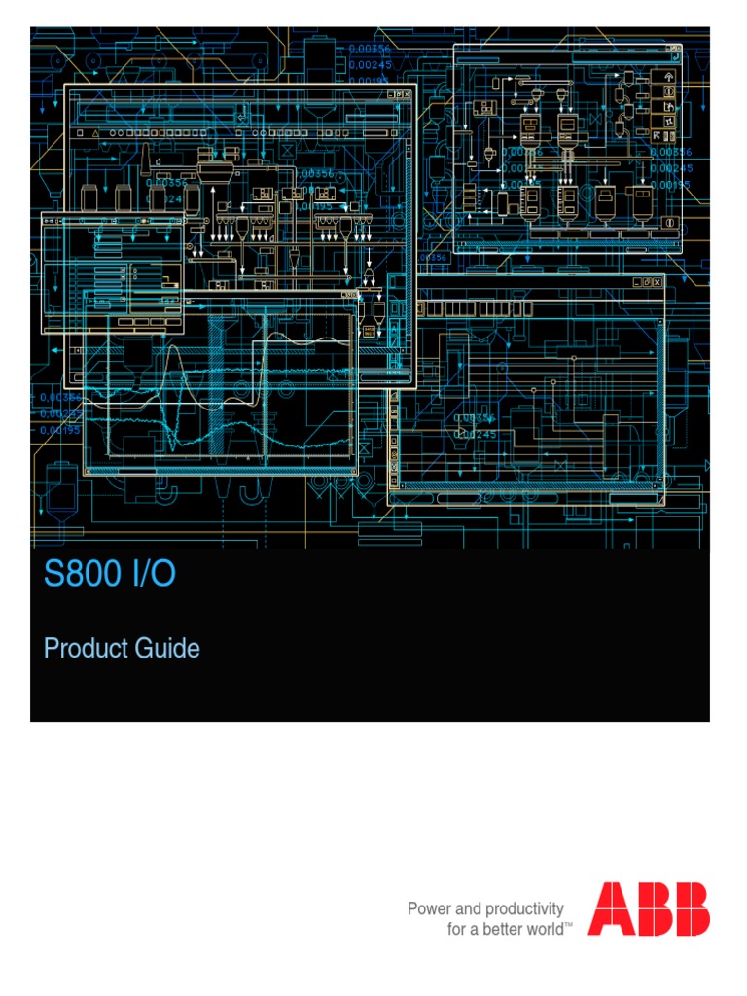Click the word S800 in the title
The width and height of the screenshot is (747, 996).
pos(83,574)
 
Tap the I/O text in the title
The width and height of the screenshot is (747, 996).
pos(150,574)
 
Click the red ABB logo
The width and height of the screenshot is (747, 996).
pos(648,908)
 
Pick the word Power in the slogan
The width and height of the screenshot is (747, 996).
pos(429,908)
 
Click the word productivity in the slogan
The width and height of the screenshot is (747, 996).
pos(525,909)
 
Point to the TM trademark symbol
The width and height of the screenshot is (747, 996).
pos(569,925)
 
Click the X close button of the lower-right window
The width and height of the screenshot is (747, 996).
pos(658,282)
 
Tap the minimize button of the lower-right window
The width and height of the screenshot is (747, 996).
pos(637,282)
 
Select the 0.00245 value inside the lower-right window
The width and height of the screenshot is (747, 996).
pos(478,434)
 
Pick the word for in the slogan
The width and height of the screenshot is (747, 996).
pos(456,929)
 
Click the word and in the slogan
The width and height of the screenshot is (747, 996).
pos(469,908)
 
